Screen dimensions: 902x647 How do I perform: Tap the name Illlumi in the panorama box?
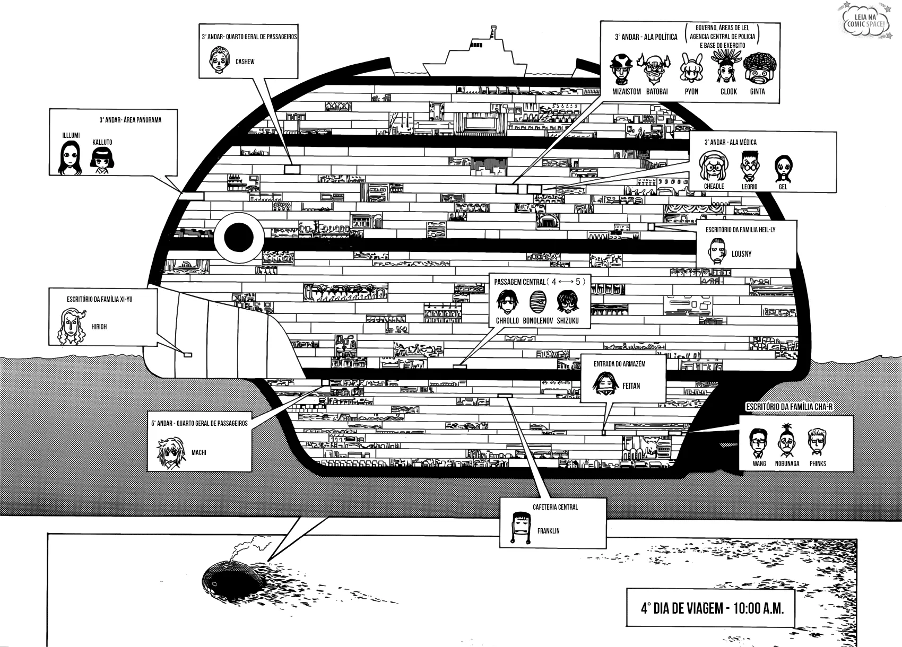tap(71, 135)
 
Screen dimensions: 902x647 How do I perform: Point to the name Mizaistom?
tap(626, 92)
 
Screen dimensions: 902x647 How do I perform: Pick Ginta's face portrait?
tap(759, 68)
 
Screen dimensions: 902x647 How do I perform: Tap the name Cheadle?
tap(714, 186)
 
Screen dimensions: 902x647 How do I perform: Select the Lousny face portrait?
tap(717, 251)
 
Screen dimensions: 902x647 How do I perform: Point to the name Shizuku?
tap(568, 321)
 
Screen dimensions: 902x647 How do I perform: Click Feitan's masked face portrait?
tap(605, 384)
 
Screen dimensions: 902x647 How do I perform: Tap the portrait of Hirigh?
tap(72, 326)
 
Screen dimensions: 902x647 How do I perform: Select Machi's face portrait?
tap(171, 453)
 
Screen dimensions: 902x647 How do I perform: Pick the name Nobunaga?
tap(787, 464)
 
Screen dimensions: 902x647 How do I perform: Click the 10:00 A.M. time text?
tap(758, 608)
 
